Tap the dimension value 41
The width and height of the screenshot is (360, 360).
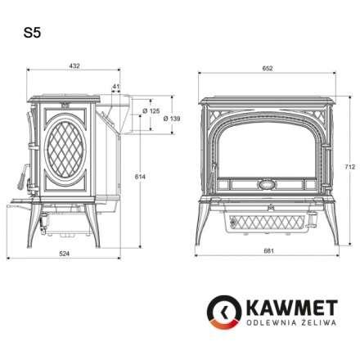pos(116,86)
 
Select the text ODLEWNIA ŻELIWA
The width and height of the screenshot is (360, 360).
pos(284,327)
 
